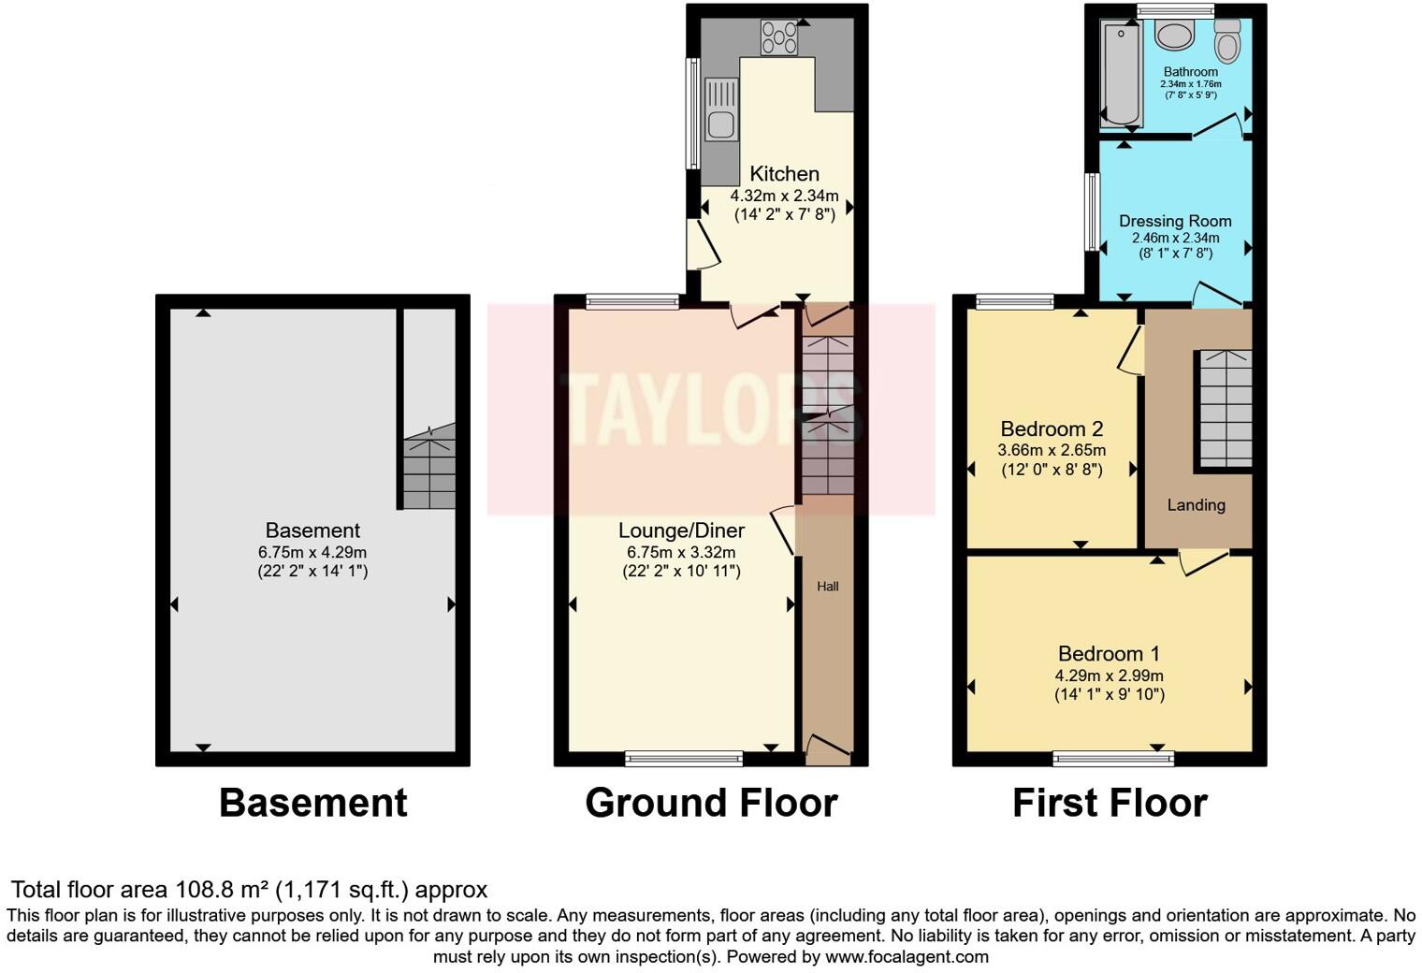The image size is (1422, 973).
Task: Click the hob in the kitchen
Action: [780, 37]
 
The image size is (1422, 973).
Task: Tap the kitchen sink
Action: [721, 110]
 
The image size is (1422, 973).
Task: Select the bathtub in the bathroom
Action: [1120, 75]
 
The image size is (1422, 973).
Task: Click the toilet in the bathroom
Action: [1226, 40]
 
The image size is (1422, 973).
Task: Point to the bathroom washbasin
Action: [1173, 36]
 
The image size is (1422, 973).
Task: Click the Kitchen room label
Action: [784, 174]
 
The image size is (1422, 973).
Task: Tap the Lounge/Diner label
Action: [681, 530]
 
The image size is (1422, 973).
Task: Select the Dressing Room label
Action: [1175, 222]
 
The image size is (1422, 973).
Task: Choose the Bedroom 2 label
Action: [1052, 429]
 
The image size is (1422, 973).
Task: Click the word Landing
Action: [1196, 505]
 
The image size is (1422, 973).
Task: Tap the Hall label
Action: [827, 587]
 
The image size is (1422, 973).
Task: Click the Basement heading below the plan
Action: [312, 803]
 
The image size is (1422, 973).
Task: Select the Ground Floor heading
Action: [711, 803]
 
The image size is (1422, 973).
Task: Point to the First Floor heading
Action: [1110, 803]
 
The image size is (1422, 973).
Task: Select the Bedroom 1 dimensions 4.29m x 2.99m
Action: [1109, 675]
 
